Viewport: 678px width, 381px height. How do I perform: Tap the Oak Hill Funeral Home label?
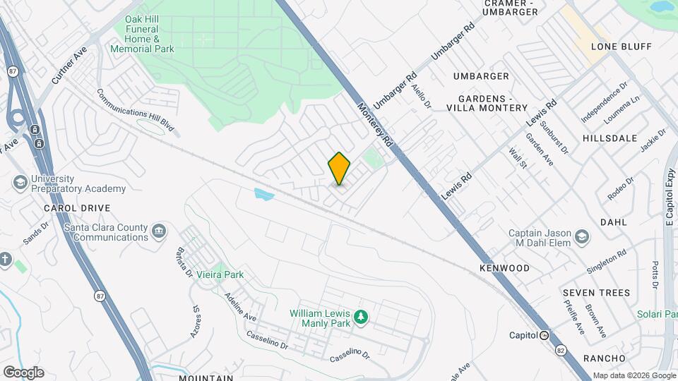coord(143,35)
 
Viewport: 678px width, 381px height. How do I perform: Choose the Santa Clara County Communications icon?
coord(159,231)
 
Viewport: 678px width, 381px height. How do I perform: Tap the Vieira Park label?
coord(220,274)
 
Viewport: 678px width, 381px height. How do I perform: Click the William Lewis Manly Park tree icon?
coord(361,316)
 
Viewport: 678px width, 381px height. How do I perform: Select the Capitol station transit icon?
coord(545,335)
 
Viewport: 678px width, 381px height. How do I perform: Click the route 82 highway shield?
coord(561,351)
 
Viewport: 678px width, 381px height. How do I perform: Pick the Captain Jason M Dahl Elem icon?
coord(581,236)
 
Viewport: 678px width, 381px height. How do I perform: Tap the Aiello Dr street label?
coord(422,95)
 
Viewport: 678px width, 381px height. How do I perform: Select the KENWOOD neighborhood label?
coord(504,268)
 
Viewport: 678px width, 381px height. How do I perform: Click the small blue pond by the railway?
coord(263,193)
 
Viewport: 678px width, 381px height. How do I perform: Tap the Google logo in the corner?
coord(23,372)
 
